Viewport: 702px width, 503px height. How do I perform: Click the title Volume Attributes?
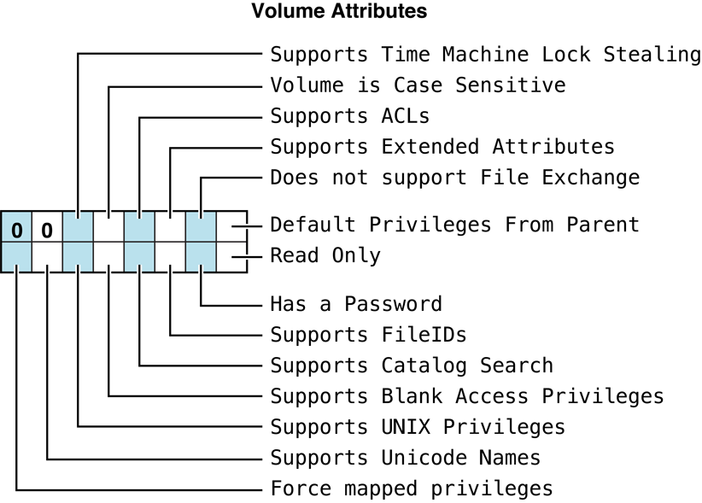(x=339, y=12)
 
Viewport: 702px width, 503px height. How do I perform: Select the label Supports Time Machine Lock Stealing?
(x=485, y=55)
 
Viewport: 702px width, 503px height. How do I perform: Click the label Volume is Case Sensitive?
(x=418, y=85)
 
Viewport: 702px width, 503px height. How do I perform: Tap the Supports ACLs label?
(x=349, y=116)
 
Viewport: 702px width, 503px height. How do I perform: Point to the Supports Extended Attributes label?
(x=442, y=147)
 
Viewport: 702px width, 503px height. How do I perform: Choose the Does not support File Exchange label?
(x=454, y=178)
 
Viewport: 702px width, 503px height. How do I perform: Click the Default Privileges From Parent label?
(x=454, y=225)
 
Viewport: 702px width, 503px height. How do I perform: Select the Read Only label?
(x=325, y=255)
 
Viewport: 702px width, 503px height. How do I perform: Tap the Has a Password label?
(x=356, y=304)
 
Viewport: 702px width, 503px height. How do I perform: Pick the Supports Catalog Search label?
(x=412, y=366)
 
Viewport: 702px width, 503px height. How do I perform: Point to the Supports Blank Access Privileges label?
(x=466, y=396)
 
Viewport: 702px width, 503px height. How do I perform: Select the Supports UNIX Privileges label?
(x=418, y=427)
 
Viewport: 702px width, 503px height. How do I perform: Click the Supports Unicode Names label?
(x=406, y=458)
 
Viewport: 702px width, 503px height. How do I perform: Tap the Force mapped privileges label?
(x=412, y=488)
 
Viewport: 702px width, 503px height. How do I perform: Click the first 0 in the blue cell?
(x=16, y=231)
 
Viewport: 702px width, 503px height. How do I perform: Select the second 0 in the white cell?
(x=47, y=231)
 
